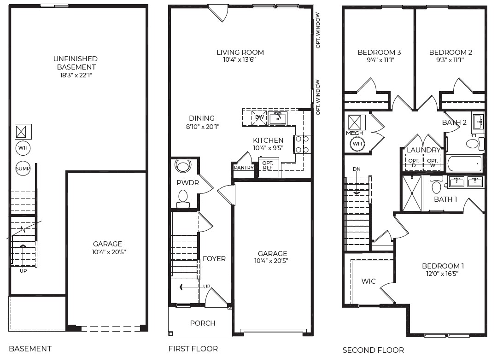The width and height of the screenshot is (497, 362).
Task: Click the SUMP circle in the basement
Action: (x=23, y=169)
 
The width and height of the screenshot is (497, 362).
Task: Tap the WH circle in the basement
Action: (x=23, y=148)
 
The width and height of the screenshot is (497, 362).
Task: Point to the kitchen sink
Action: (x=277, y=118)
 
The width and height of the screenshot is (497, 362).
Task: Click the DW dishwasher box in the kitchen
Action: (x=260, y=118)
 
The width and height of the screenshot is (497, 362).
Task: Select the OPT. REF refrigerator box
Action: (x=268, y=166)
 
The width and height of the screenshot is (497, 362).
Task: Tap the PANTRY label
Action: (x=244, y=168)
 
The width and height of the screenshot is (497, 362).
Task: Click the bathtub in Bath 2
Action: (x=465, y=164)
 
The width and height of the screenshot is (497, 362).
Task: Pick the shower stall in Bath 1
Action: (x=413, y=193)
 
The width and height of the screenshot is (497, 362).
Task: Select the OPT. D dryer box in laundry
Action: (x=414, y=163)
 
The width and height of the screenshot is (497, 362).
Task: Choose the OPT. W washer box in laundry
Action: (x=432, y=163)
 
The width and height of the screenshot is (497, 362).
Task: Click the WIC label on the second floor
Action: (x=368, y=281)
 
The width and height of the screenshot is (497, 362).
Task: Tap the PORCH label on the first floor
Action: (x=203, y=323)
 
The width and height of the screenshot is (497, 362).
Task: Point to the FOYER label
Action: (x=214, y=259)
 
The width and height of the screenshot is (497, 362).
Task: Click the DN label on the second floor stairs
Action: (x=357, y=169)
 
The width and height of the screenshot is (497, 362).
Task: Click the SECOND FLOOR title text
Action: (x=373, y=350)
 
